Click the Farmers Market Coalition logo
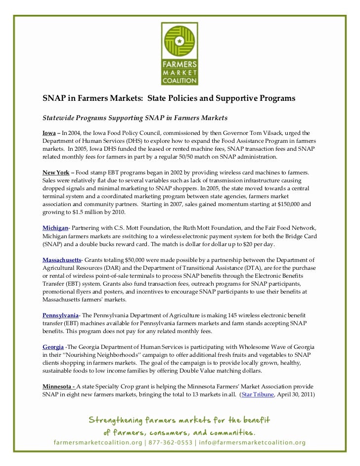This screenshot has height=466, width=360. point(180,53)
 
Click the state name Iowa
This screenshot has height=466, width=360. point(49,133)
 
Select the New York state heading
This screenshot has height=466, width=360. point(55,172)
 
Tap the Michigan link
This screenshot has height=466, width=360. point(55,227)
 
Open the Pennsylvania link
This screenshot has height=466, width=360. point(60,315)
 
